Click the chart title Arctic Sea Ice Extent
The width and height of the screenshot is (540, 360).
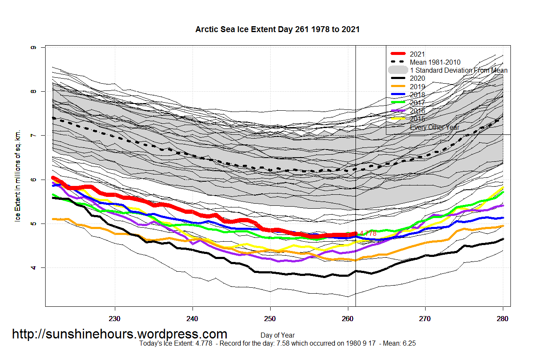(277, 29)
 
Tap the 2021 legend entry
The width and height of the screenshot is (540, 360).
(417, 54)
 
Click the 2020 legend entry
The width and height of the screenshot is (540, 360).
(417, 78)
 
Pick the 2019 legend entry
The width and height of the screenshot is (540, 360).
(417, 87)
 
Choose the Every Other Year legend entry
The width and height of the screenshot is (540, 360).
(434, 127)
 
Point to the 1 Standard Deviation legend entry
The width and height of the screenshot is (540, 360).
(459, 70)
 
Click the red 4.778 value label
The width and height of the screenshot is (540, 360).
(368, 233)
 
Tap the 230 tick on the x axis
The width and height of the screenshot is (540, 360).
(115, 318)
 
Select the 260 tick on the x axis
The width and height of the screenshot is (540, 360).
(347, 318)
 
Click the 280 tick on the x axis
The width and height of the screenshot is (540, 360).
(503, 318)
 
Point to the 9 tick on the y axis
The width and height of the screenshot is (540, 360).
(33, 47)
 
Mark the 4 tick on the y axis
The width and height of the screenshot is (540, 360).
(33, 267)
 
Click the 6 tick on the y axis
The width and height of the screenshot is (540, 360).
(33, 180)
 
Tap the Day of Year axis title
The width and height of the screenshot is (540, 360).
(277, 335)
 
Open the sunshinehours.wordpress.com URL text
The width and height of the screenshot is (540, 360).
(119, 334)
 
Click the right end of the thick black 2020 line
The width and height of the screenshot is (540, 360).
(502, 239)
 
